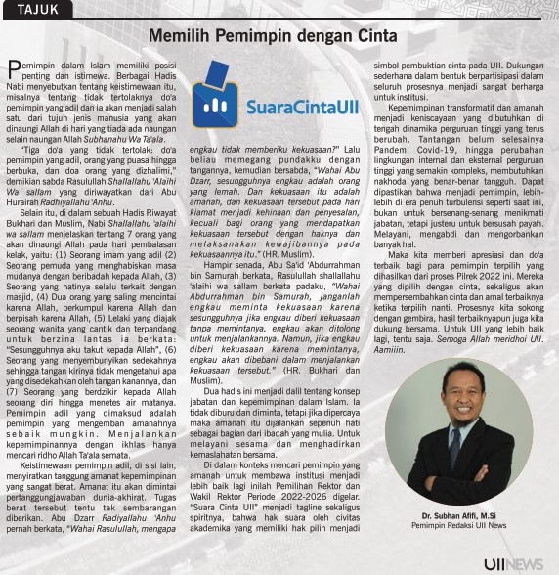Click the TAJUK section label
38,9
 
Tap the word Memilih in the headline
182,35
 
